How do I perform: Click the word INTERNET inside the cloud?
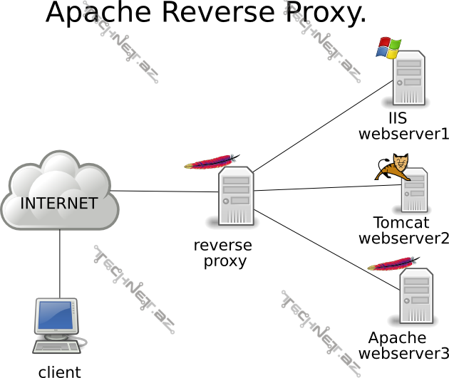pyautogui.click(x=58, y=203)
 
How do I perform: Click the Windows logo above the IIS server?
pyautogui.click(x=388, y=48)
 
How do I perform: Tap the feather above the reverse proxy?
pyautogui.click(x=212, y=161)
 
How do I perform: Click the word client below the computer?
pyautogui.click(x=59, y=371)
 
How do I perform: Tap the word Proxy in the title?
pyautogui.click(x=323, y=14)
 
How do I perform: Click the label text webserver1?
pyautogui.click(x=403, y=133)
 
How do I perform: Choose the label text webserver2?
pyautogui.click(x=403, y=238)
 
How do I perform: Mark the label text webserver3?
pyautogui.click(x=403, y=353)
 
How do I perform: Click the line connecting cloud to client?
pyautogui.click(x=60, y=263)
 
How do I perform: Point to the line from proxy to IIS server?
pyautogui.click(x=321, y=127)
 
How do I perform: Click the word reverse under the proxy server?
pyautogui.click(x=222, y=246)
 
